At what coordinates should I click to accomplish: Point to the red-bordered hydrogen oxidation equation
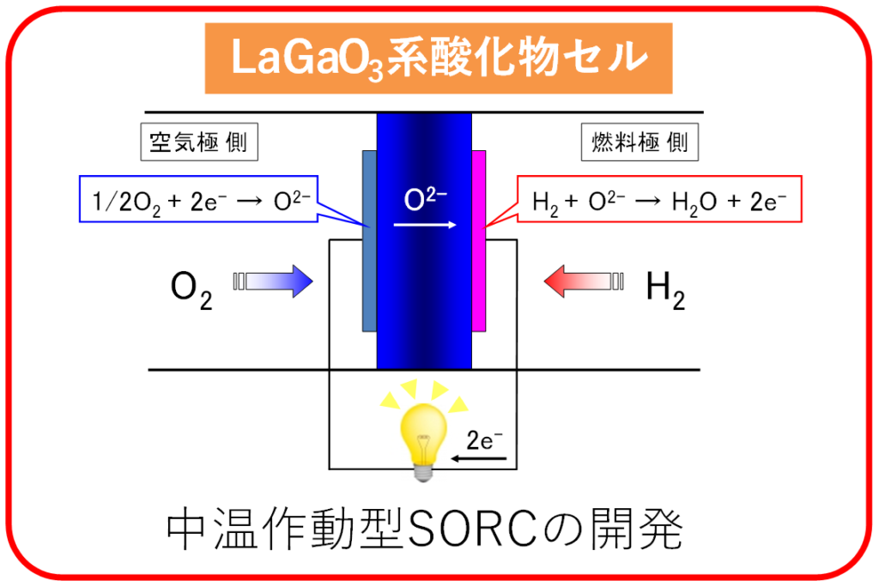pyautogui.click(x=659, y=200)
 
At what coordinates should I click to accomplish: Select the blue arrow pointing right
pyautogui.click(x=274, y=281)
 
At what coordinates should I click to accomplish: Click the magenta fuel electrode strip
pyautogui.click(x=479, y=240)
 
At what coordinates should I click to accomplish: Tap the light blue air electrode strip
pyautogui.click(x=369, y=240)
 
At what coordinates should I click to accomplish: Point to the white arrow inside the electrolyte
pyautogui.click(x=424, y=225)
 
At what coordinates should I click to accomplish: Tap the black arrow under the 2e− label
pyautogui.click(x=480, y=459)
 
